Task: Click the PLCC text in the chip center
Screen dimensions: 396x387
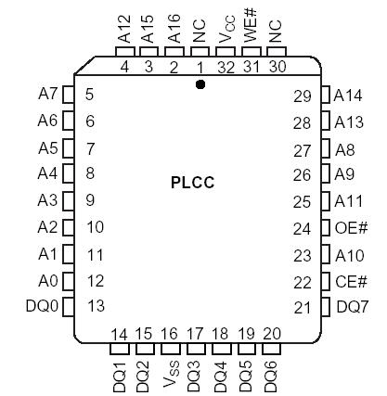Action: pyautogui.click(x=193, y=183)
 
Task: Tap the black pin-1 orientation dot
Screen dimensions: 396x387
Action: pyautogui.click(x=200, y=84)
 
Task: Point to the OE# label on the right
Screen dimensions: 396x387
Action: pyautogui.click(x=352, y=228)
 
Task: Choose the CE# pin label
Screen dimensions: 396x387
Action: pyautogui.click(x=352, y=282)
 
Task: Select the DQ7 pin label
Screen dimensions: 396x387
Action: pyautogui.click(x=353, y=307)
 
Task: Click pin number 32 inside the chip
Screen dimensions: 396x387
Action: pyautogui.click(x=224, y=67)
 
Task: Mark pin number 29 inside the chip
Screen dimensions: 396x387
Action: pyautogui.click(x=302, y=96)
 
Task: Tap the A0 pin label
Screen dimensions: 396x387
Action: pyautogui.click(x=46, y=281)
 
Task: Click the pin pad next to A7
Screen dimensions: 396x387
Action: pyautogui.click(x=68, y=94)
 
